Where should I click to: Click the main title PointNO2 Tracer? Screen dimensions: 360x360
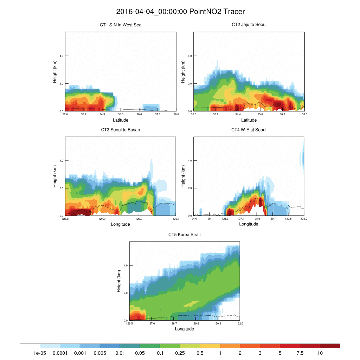point(180,12)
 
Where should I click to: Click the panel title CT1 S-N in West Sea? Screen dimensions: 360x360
point(121,25)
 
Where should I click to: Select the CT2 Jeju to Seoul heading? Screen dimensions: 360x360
point(249,25)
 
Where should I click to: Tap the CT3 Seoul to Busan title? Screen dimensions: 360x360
point(121,130)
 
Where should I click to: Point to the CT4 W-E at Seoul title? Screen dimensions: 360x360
point(249,130)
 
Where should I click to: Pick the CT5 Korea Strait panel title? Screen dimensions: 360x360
point(185,234)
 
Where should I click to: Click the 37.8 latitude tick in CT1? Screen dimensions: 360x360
point(157,114)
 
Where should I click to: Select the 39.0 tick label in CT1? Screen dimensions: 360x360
point(176,114)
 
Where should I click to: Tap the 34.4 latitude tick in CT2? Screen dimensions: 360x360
point(238,114)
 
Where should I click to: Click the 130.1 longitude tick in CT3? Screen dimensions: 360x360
point(176,219)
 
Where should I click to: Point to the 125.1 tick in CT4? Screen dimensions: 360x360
point(209,219)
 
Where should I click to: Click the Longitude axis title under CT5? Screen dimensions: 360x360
point(185,329)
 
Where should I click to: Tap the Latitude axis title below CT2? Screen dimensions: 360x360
point(249,120)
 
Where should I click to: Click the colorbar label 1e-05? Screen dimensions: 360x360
point(40,353)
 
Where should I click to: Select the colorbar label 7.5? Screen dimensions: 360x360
point(300,353)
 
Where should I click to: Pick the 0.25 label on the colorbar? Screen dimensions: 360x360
point(180,353)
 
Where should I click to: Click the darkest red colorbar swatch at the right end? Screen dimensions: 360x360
point(330,346)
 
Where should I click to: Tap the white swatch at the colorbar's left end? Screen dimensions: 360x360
point(30,346)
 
